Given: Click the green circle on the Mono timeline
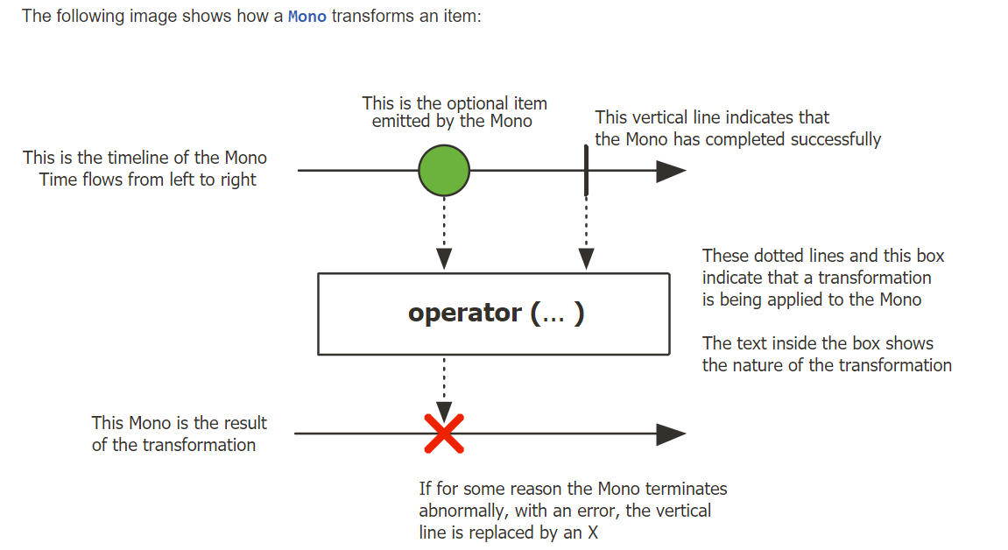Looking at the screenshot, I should [444, 171].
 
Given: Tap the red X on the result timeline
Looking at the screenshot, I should [444, 434].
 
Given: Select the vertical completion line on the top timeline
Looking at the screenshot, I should [586, 170].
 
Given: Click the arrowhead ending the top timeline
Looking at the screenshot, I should [671, 171].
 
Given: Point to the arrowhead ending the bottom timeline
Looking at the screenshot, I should [671, 434].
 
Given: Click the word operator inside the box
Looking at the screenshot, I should [464, 314].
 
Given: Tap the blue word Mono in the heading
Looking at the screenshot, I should [307, 17].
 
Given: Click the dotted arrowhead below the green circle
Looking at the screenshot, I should [444, 258].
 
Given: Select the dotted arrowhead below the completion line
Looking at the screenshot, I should [586, 258].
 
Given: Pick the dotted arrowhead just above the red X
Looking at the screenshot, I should [444, 410].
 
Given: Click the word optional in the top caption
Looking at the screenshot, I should [478, 103].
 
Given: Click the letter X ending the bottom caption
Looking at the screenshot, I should [593, 532].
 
